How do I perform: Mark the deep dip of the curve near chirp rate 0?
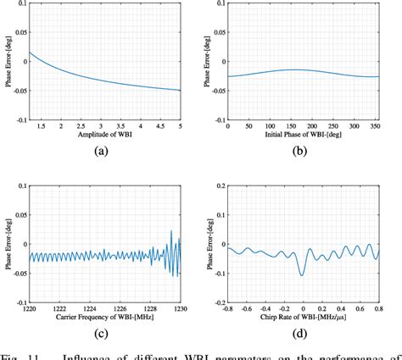(303, 274)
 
